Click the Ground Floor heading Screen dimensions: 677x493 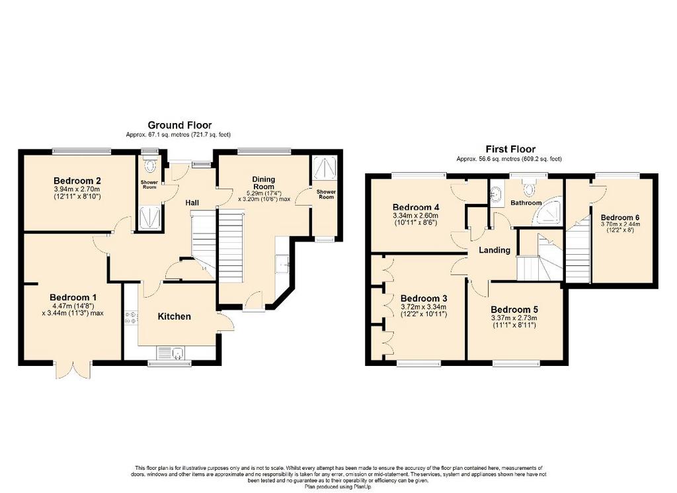pyautogui.click(x=180, y=125)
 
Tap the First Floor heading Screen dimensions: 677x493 pyautogui.click(x=510, y=150)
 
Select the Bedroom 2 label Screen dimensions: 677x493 pyautogui.click(x=77, y=181)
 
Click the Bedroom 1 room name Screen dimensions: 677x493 pyautogui.click(x=73, y=297)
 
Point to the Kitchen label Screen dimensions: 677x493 pyautogui.click(x=174, y=316)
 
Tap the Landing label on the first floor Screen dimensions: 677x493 pyautogui.click(x=495, y=249)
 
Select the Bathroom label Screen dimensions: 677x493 pyautogui.click(x=526, y=202)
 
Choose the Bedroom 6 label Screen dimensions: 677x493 pyautogui.click(x=620, y=217)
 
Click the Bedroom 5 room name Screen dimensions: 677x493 pyautogui.click(x=514, y=310)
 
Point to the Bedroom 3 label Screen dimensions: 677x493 pyautogui.click(x=424, y=298)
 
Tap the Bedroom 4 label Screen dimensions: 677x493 pyautogui.click(x=416, y=207)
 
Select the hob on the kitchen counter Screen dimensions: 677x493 pyautogui.click(x=131, y=319)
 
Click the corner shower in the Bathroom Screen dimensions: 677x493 pyautogui.click(x=548, y=211)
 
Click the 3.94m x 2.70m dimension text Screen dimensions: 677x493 pyautogui.click(x=77, y=189)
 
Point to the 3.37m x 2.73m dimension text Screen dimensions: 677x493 pyautogui.click(x=514, y=318)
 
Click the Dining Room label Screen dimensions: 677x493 pyautogui.click(x=264, y=183)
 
